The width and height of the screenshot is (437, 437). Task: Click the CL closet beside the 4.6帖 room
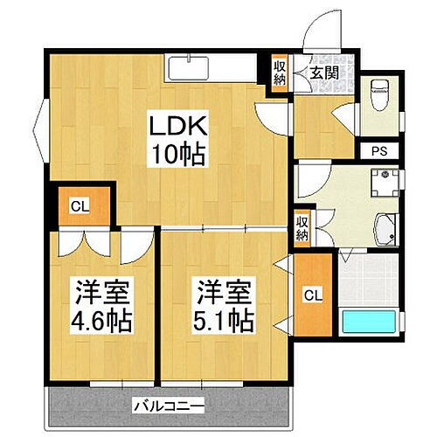click(79, 207)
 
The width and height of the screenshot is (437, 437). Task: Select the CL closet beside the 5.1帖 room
click(312, 295)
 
